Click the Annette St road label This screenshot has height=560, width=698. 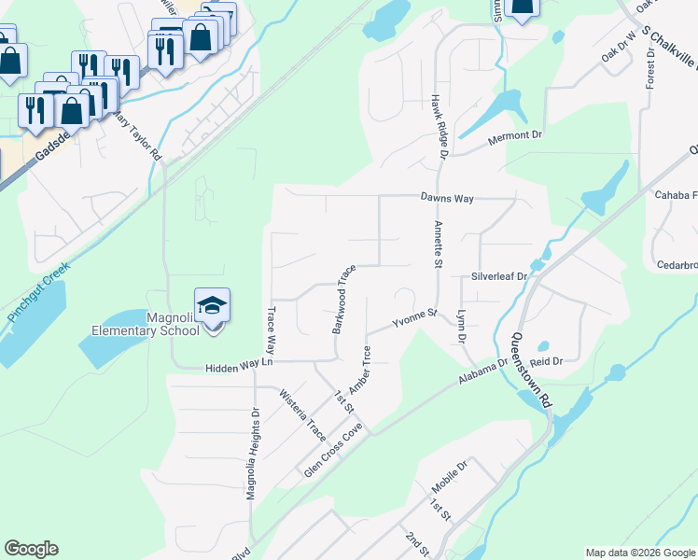(x=437, y=245)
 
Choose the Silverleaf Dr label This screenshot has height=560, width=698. (x=499, y=276)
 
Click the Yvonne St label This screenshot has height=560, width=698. (x=414, y=317)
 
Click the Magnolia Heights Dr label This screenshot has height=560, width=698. (x=252, y=453)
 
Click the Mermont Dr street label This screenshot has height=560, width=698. (x=516, y=135)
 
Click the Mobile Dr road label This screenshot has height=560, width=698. (x=448, y=477)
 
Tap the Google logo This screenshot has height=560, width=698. (x=31, y=549)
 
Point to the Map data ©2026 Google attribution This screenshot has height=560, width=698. (x=640, y=553)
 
